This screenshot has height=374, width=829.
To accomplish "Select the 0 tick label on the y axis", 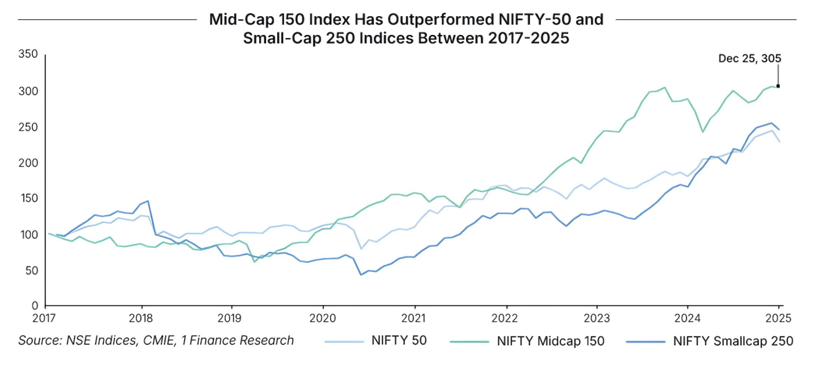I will coord(35,305).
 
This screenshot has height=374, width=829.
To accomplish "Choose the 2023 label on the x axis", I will coord(597,318).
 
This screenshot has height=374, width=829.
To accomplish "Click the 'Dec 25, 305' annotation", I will coord(750,59).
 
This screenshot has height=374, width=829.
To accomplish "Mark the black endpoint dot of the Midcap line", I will coord(778,87).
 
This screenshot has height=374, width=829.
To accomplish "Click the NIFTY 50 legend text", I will coord(399,341).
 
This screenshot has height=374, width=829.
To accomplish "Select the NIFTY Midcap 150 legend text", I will coord(551,341).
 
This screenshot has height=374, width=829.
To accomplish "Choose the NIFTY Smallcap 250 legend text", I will coord(733,341).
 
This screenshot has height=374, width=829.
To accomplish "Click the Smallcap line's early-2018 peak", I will coord(148,201).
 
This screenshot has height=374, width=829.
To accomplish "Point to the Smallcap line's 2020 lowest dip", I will coord(361,275).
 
